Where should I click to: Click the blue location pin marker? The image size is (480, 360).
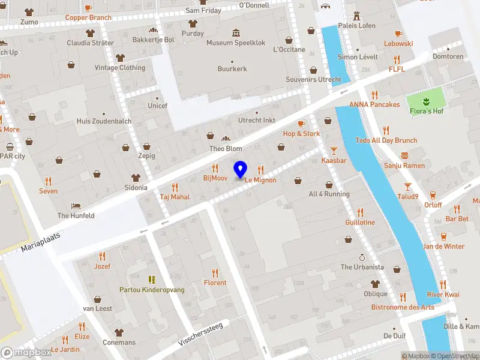(x=240, y=170)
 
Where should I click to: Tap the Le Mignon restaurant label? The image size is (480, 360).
(x=260, y=179)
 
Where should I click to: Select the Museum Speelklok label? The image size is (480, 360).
(x=236, y=43)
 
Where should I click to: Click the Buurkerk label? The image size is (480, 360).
(x=232, y=69)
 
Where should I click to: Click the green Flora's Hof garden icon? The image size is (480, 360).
(x=426, y=98)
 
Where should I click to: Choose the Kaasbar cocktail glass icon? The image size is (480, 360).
(x=334, y=150)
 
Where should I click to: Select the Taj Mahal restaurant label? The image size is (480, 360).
(x=175, y=196)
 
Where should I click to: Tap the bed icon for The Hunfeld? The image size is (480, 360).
(x=76, y=205)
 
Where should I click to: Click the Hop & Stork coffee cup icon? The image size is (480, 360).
(x=301, y=124)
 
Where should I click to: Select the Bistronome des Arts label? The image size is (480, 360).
(x=402, y=307)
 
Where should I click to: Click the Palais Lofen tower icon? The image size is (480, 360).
(x=356, y=14)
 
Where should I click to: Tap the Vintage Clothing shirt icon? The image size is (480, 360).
(x=120, y=58)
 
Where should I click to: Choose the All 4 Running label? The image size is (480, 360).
(x=329, y=194)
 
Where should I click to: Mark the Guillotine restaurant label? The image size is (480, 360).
(x=360, y=222)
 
